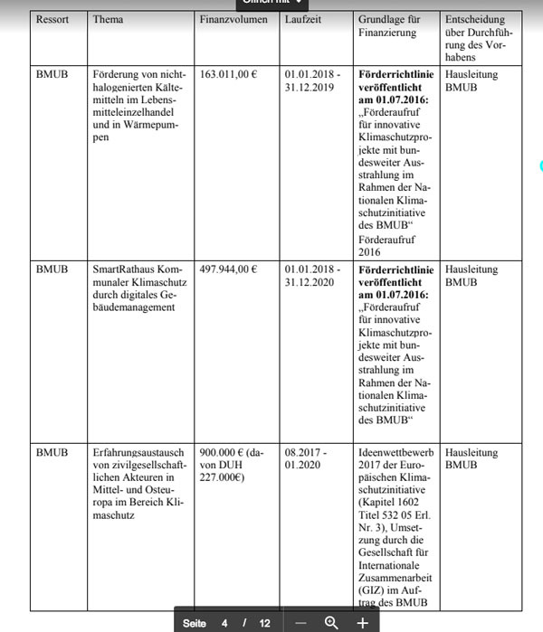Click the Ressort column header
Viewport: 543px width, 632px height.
(52, 20)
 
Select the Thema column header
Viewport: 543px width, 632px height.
(109, 20)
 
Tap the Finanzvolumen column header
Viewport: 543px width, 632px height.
(228, 20)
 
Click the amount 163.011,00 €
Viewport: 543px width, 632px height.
(228, 75)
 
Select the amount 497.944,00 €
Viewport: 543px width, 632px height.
(228, 269)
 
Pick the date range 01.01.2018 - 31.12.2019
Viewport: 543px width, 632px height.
(312, 81)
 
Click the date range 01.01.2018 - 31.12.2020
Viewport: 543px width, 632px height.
(312, 276)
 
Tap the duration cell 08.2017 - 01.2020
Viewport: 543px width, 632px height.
(306, 458)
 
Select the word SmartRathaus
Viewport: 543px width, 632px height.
(125, 269)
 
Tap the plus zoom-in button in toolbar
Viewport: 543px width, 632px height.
(362, 623)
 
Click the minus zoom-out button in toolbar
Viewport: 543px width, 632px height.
(301, 623)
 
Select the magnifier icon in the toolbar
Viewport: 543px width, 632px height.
(331, 623)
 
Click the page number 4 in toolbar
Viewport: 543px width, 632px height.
(224, 623)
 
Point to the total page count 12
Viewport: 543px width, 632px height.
(264, 623)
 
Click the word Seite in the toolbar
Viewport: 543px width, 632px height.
(195, 623)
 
